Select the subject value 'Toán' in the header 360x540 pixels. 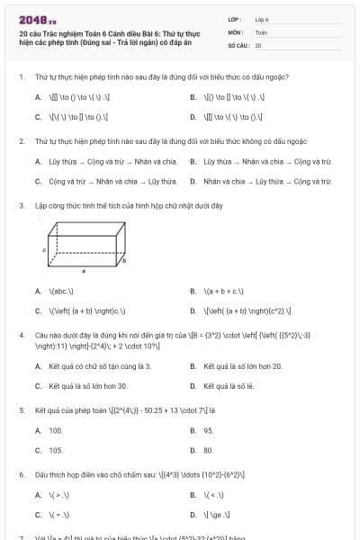(x=261, y=31)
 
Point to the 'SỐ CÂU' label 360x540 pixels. (x=237, y=44)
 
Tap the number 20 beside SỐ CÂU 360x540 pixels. (x=258, y=44)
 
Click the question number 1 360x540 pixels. (x=21, y=76)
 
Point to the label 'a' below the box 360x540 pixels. (x=84, y=269)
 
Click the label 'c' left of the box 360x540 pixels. (x=45, y=249)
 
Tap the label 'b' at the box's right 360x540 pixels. (x=124, y=260)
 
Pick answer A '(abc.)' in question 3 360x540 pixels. (x=61, y=292)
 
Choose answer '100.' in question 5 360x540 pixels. (x=56, y=430)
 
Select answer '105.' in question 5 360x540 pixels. (x=56, y=450)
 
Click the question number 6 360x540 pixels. (x=21, y=474)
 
